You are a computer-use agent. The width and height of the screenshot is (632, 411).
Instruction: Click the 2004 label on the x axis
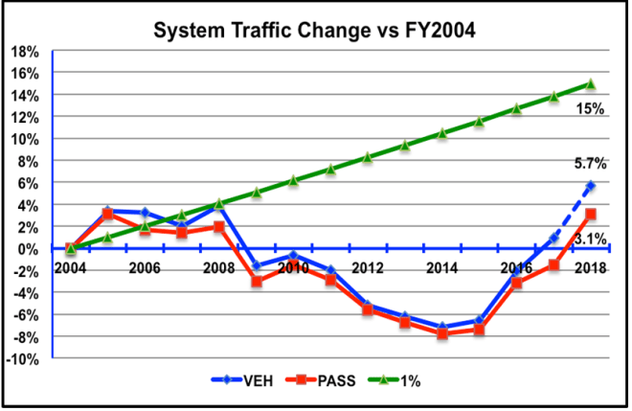(x=70, y=269)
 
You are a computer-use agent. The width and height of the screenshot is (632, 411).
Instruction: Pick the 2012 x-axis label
(x=367, y=269)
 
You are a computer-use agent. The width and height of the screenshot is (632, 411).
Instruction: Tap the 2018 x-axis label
(x=591, y=269)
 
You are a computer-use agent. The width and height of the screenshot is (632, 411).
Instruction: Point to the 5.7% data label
(x=590, y=163)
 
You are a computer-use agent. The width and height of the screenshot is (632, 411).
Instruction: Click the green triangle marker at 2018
(x=591, y=84)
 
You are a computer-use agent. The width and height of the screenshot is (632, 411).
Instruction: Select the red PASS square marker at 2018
(x=591, y=214)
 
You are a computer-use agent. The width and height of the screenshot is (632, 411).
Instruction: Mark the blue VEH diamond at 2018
(x=591, y=186)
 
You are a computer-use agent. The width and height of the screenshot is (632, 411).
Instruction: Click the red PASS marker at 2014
(x=441, y=333)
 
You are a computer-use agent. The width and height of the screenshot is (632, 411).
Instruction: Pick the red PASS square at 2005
(x=107, y=214)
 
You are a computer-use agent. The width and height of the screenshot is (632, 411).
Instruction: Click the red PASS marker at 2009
(x=256, y=282)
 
